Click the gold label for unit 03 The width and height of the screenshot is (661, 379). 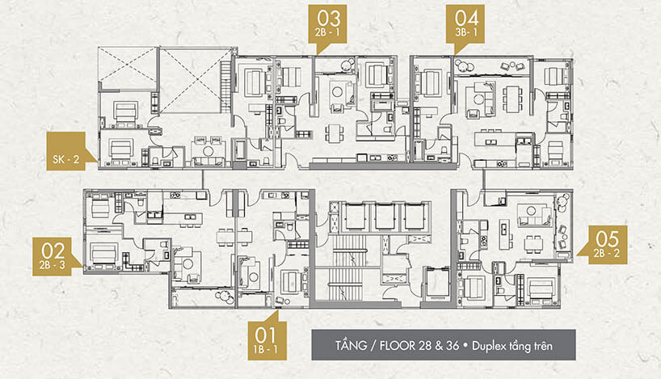coord(327,24)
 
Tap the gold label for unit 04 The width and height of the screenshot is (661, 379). coord(465,24)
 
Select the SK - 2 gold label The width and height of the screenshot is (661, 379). coord(66,151)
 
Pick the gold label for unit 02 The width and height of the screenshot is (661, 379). coord(53,256)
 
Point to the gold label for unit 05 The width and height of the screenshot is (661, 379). coord(607,245)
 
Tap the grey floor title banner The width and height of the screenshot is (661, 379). coord(444,345)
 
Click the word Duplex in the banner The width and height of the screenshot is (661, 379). coord(487,346)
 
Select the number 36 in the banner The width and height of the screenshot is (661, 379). coord(452,345)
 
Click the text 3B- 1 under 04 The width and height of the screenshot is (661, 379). coord(465,32)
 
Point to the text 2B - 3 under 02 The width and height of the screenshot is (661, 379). coord(53,265)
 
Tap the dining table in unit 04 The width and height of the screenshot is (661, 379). coord(512,99)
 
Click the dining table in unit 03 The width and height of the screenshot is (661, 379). coord(335,133)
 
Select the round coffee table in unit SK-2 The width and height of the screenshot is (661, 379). coord(208,150)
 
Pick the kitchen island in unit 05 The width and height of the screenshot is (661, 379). coord(503,234)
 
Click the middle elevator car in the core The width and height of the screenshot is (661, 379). coord(385,217)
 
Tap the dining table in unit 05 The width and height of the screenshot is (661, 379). coord(533,244)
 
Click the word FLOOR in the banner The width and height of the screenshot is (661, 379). coord(397,346)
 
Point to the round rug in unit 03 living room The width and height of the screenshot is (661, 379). coord(337,92)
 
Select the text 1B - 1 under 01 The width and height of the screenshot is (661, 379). coord(266,349)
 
